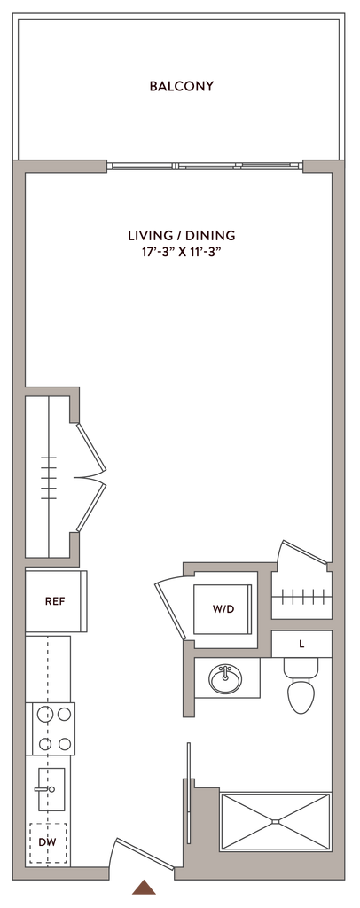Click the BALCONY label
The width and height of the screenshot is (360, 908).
181,86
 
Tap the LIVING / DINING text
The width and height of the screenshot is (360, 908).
181,235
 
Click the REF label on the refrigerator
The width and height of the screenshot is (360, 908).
55,601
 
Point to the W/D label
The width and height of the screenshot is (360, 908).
223,609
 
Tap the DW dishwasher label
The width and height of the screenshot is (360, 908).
48,842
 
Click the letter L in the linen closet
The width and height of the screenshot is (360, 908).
301,644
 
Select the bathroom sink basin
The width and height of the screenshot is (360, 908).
226,678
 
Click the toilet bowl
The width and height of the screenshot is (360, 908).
301,695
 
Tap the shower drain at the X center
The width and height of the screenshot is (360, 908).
276,821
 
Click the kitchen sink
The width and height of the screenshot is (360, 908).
51,788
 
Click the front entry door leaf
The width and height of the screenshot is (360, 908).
145,854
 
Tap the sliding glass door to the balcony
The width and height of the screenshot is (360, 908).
205,166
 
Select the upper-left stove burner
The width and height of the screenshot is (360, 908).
44,715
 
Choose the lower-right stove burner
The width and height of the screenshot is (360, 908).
64,744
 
